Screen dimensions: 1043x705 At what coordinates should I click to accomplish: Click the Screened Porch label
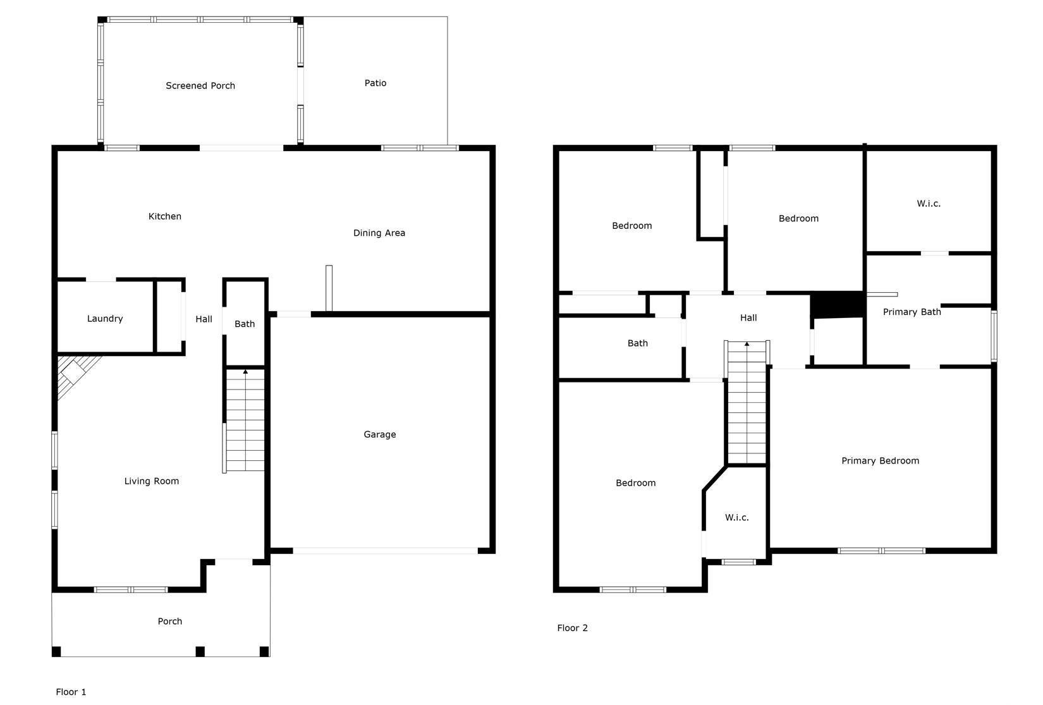click(200, 86)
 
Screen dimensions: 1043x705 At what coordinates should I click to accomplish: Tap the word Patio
click(375, 83)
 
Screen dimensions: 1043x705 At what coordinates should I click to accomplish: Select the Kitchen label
click(165, 216)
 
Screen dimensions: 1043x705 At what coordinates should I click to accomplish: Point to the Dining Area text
click(379, 233)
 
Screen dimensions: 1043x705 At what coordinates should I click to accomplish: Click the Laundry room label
click(105, 319)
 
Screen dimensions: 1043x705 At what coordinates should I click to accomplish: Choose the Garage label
click(380, 434)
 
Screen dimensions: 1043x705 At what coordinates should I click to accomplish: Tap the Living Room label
click(151, 481)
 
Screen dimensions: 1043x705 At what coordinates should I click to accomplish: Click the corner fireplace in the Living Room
click(75, 375)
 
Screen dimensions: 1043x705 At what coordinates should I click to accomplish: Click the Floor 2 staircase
click(747, 403)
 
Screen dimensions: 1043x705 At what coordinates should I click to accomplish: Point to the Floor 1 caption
click(71, 692)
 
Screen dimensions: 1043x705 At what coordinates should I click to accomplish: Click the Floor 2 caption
click(572, 628)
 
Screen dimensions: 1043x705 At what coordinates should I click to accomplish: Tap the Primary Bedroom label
click(880, 460)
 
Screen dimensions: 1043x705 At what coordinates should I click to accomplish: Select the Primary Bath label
click(912, 312)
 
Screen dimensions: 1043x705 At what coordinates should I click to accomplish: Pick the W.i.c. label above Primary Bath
click(929, 204)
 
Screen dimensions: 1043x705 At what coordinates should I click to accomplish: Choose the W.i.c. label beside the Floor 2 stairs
click(736, 517)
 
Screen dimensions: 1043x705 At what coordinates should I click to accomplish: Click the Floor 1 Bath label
click(245, 324)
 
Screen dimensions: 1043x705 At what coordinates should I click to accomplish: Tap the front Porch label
click(169, 621)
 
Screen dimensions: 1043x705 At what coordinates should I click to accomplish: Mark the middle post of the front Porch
click(200, 651)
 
